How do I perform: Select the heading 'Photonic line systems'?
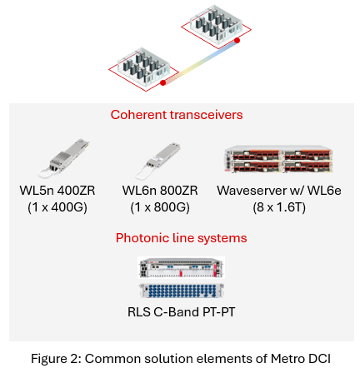181,238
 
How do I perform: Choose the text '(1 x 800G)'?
156,207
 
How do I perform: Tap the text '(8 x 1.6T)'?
278,207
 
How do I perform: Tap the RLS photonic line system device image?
182,278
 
